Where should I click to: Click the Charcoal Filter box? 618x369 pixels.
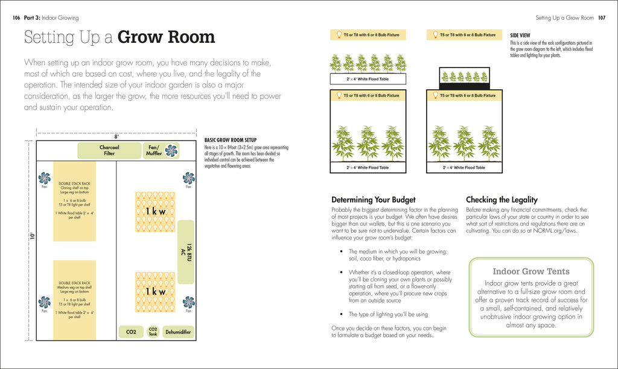pyautogui.click(x=109, y=150)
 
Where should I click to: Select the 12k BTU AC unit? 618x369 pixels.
pyautogui.click(x=186, y=251)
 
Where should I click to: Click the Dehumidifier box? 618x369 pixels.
pyautogui.click(x=179, y=332)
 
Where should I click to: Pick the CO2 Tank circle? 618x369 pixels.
pyautogui.click(x=153, y=332)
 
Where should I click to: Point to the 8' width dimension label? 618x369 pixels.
pyautogui.click(x=116, y=136)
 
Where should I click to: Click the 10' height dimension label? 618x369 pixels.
pyautogui.click(x=30, y=235)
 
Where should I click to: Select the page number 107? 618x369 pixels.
pyautogui.click(x=602, y=18)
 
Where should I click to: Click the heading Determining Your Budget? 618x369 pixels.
pyautogui.click(x=374, y=200)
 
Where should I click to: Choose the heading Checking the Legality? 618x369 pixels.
pyautogui.click(x=502, y=200)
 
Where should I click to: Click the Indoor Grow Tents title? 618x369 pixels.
pyautogui.click(x=531, y=271)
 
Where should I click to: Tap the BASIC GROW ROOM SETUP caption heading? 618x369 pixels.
pyautogui.click(x=231, y=140)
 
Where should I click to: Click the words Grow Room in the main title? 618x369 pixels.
pyautogui.click(x=166, y=37)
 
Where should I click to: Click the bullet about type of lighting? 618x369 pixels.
pyautogui.click(x=389, y=314)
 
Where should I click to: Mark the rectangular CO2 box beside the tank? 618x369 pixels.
pyautogui.click(x=130, y=332)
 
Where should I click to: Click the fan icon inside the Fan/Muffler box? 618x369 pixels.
pyautogui.click(x=172, y=151)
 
